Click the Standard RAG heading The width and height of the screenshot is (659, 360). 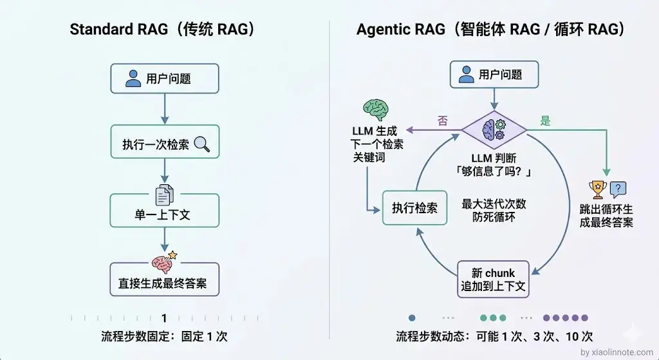pos(162,30)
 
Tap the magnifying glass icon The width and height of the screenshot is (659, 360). pos(202,144)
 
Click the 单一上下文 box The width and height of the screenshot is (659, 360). pos(165,214)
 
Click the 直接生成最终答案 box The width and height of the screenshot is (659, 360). pos(165,283)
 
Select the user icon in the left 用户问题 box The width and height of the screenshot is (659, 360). pos(133,79)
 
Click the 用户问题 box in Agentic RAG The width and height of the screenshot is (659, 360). pos(494,75)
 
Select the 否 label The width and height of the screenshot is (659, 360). pos(443,122)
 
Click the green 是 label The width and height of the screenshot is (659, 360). pos(545,121)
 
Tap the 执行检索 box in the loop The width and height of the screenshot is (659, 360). pos(414,207)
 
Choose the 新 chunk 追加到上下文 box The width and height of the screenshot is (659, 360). pos(494,279)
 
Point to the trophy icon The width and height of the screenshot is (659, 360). pos(598,189)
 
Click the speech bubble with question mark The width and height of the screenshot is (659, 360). pos(618,189)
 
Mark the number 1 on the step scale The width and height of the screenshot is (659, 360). pos(164,318)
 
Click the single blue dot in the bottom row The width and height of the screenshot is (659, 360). pos(412,317)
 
